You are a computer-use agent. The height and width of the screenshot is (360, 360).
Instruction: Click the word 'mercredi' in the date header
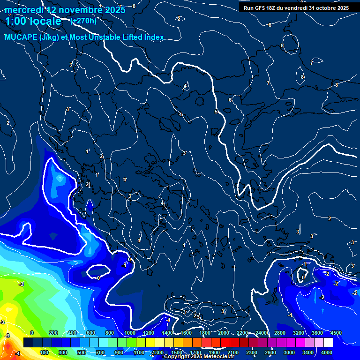(x=24, y=9)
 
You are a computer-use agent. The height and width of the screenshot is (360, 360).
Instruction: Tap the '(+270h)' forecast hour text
(x=83, y=21)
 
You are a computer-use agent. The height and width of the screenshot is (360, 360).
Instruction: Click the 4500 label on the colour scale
(x=336, y=333)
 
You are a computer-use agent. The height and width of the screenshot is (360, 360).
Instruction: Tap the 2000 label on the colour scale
(x=224, y=333)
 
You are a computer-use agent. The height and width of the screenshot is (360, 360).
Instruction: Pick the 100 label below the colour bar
(x=44, y=352)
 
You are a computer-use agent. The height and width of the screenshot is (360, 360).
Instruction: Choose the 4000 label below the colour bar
(x=327, y=352)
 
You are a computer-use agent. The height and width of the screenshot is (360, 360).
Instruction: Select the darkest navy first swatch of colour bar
(x=28, y=343)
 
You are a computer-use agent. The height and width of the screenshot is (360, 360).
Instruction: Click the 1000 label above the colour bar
(x=130, y=333)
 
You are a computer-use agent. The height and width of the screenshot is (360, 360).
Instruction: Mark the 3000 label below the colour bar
(x=289, y=352)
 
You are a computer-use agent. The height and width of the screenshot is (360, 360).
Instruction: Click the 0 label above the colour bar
(x=31, y=333)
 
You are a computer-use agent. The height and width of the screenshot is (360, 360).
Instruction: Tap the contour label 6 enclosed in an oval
(x=178, y=18)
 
